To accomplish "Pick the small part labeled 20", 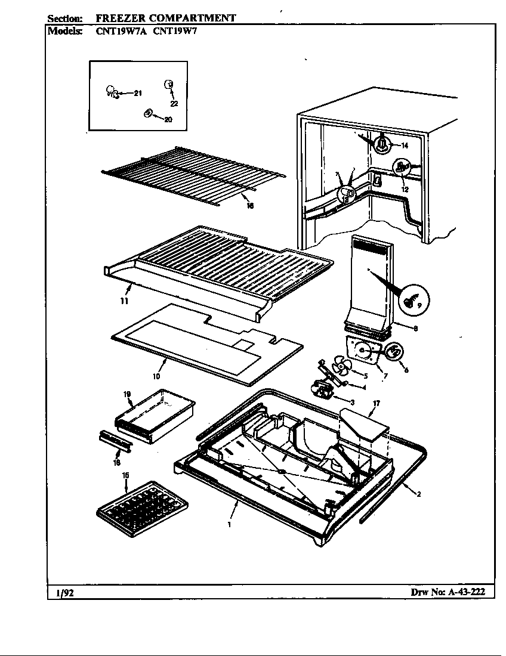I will coord(147,113).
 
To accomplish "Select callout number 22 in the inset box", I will coord(174,103).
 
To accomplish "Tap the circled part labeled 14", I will coord(382,143).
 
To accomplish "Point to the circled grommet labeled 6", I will coord(394,352).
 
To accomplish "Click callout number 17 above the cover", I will coord(376,404).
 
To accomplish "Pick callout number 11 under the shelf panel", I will coord(124,301).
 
